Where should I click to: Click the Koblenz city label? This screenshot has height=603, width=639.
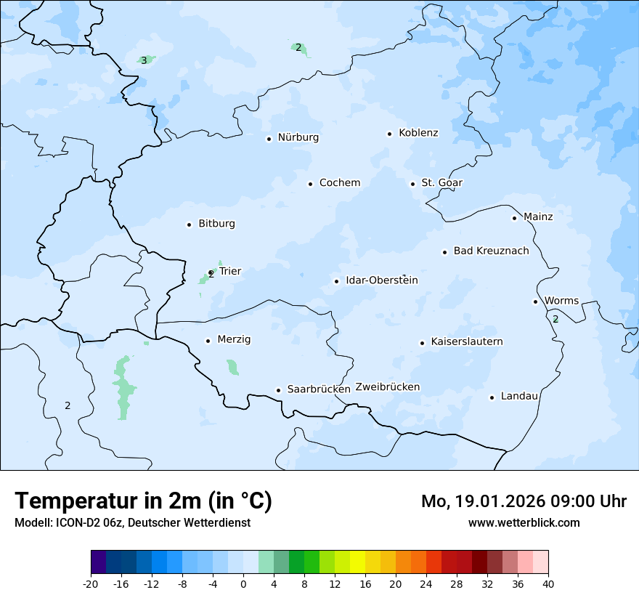point(418,133)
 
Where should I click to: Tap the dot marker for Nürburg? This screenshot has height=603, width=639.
point(269,139)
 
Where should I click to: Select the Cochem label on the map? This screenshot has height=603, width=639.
point(340,183)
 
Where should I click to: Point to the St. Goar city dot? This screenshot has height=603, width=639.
point(412,184)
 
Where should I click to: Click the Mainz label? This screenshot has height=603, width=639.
point(538,217)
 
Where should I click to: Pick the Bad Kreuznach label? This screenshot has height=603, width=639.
point(491,251)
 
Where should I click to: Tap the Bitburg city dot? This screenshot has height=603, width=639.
point(189,224)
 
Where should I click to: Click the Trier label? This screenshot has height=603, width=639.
point(230,272)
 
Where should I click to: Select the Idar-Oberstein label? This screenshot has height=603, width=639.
point(382,280)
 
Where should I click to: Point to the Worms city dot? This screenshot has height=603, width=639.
point(535,301)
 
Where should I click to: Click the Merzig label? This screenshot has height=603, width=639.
point(234,340)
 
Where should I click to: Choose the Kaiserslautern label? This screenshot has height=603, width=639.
point(467,342)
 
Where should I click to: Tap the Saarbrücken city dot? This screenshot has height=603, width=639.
point(278,390)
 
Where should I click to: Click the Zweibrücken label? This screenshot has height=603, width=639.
point(388,387)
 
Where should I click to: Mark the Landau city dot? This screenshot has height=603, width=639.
point(492,397)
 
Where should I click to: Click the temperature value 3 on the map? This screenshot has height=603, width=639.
point(144,60)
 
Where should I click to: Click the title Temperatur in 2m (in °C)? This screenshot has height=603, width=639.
point(143,501)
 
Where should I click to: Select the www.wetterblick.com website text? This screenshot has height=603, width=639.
point(524,523)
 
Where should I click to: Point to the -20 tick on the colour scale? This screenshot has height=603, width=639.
point(91,584)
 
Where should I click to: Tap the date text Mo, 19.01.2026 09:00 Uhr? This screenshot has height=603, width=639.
point(524,501)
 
